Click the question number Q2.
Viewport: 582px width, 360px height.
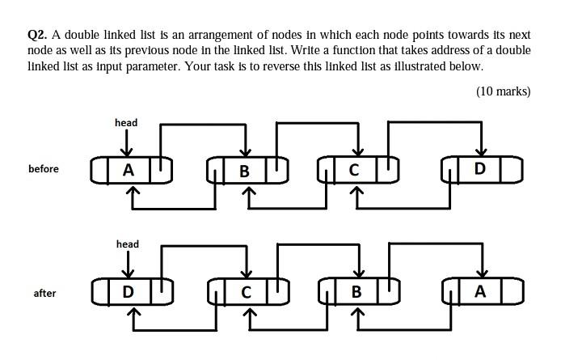pos(37,35)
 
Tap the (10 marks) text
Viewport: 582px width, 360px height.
pos(503,91)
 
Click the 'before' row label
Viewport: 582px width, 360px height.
pos(43,169)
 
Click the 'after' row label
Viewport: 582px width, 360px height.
pos(44,293)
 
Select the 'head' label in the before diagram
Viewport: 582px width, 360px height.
pos(126,122)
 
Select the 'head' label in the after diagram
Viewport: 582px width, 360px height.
pos(127,244)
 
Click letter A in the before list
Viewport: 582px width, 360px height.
pos(129,170)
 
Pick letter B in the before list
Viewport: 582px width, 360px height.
pos(245,171)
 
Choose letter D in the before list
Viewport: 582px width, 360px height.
pos(480,169)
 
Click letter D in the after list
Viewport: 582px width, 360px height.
pos(128,291)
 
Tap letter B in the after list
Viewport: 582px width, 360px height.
pos(356,291)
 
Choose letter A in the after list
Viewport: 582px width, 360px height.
pos(480,291)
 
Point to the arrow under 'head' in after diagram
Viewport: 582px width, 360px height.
pos(127,264)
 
